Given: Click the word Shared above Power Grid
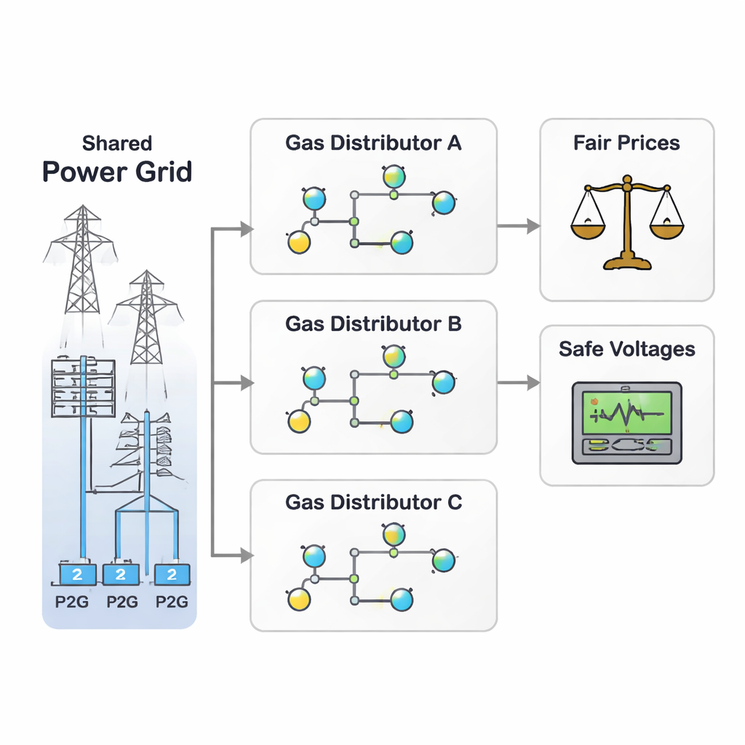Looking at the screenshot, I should [x=116, y=143].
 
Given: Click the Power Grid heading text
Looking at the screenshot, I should [x=116, y=172].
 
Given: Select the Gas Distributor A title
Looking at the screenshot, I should [x=373, y=143].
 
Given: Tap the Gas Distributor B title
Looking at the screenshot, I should [x=373, y=323].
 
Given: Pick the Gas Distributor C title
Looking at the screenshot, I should [x=373, y=502].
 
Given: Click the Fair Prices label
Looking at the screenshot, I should [x=626, y=143].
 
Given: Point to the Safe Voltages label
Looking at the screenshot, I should [x=626, y=349].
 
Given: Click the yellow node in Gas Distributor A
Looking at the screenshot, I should [x=299, y=242].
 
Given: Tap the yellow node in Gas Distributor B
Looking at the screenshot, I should [x=299, y=421].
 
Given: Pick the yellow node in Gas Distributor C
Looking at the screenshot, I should [x=299, y=599].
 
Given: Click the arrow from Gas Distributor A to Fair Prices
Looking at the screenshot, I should [x=518, y=226].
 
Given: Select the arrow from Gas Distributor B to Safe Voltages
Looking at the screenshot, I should [x=518, y=382].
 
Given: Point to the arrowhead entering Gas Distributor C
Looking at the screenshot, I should [x=247, y=556].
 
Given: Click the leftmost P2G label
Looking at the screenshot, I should [x=72, y=602].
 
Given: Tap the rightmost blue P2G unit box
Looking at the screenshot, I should [x=172, y=575].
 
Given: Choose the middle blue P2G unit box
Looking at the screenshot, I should [x=121, y=575].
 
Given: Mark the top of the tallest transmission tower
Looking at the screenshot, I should [x=82, y=207].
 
